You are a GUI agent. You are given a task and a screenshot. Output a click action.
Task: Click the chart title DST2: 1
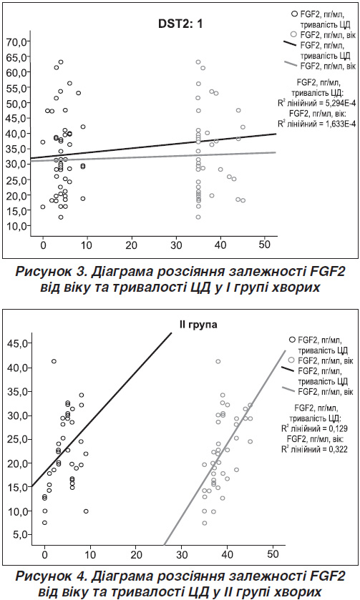pyautogui.click(x=180, y=24)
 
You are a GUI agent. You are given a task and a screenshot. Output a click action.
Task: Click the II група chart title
pyautogui.click(x=198, y=325)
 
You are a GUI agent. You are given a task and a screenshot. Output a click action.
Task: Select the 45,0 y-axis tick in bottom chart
pyautogui.click(x=19, y=343)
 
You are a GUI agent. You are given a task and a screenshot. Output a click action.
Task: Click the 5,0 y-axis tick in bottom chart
pyautogui.click(x=21, y=535)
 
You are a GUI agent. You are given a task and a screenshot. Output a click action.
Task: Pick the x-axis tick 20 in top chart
pyautogui.click(x=132, y=245)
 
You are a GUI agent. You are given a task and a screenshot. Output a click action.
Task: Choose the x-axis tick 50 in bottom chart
pyautogui.click(x=273, y=554)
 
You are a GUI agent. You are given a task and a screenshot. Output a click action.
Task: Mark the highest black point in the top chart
pyautogui.click(x=61, y=62)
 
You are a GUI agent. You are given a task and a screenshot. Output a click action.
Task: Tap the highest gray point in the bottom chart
pyautogui.click(x=218, y=362)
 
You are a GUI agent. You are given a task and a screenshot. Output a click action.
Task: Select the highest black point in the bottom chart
pyautogui.click(x=54, y=361)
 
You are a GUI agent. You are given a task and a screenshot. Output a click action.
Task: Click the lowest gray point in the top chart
pyautogui.click(x=198, y=217)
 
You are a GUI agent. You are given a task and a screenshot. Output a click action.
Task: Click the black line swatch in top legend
pyautogui.click(x=290, y=43)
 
